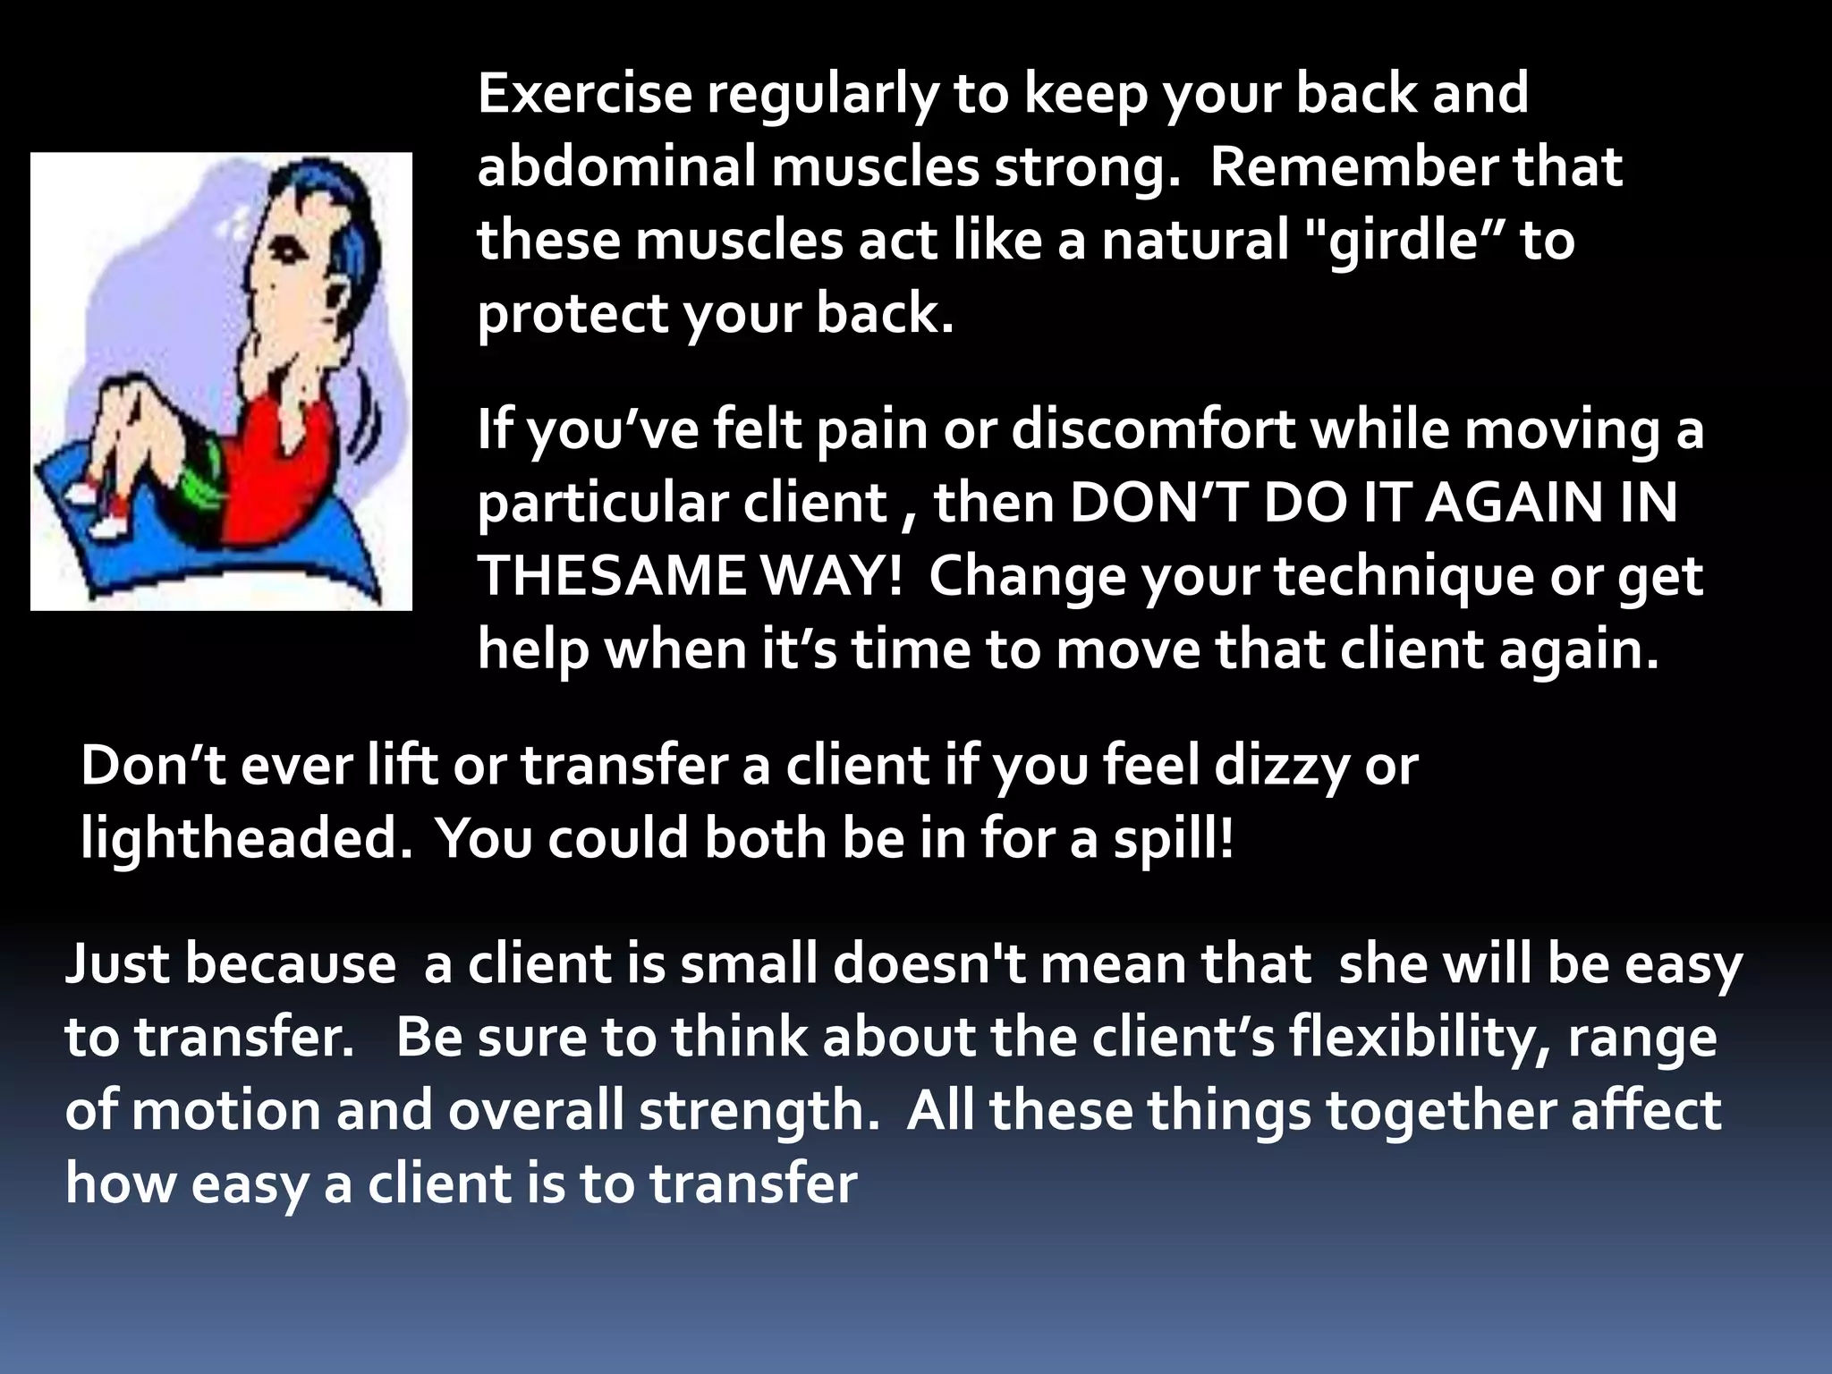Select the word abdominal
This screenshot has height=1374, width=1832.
[616, 167]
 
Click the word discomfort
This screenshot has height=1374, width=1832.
[1153, 429]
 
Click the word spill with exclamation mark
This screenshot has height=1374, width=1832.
[1173, 839]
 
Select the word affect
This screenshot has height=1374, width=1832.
[1645, 1111]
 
